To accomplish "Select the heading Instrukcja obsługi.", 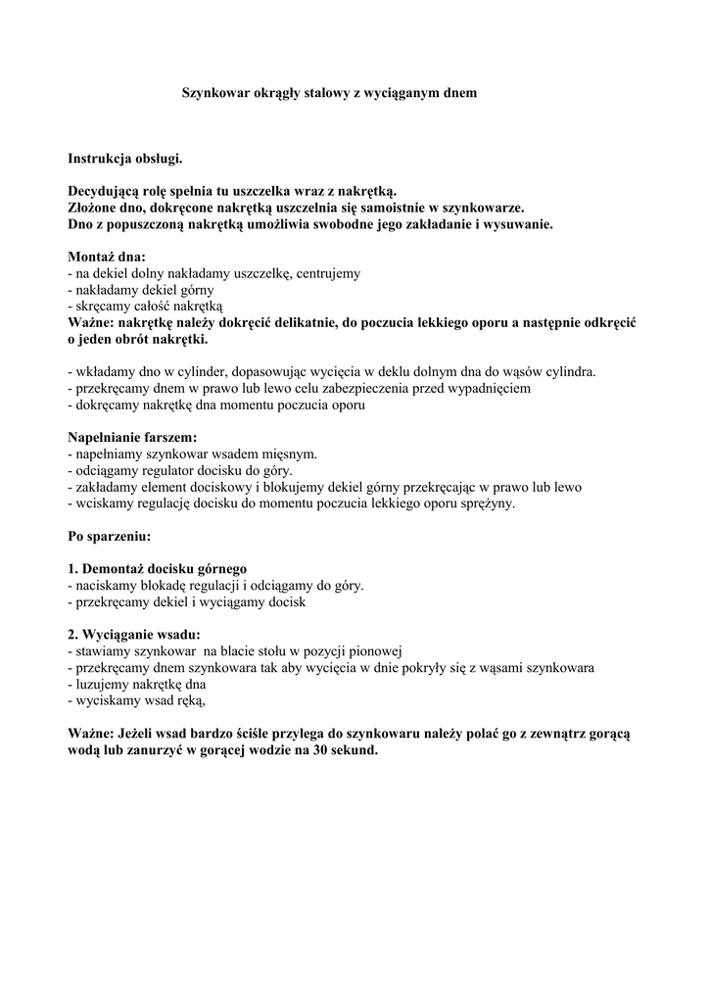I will (x=124, y=158).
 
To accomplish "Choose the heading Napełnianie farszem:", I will (x=132, y=438).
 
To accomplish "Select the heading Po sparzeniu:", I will (x=109, y=537).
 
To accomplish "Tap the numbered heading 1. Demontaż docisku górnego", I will (x=157, y=569).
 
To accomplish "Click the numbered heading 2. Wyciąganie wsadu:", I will (x=133, y=635).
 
